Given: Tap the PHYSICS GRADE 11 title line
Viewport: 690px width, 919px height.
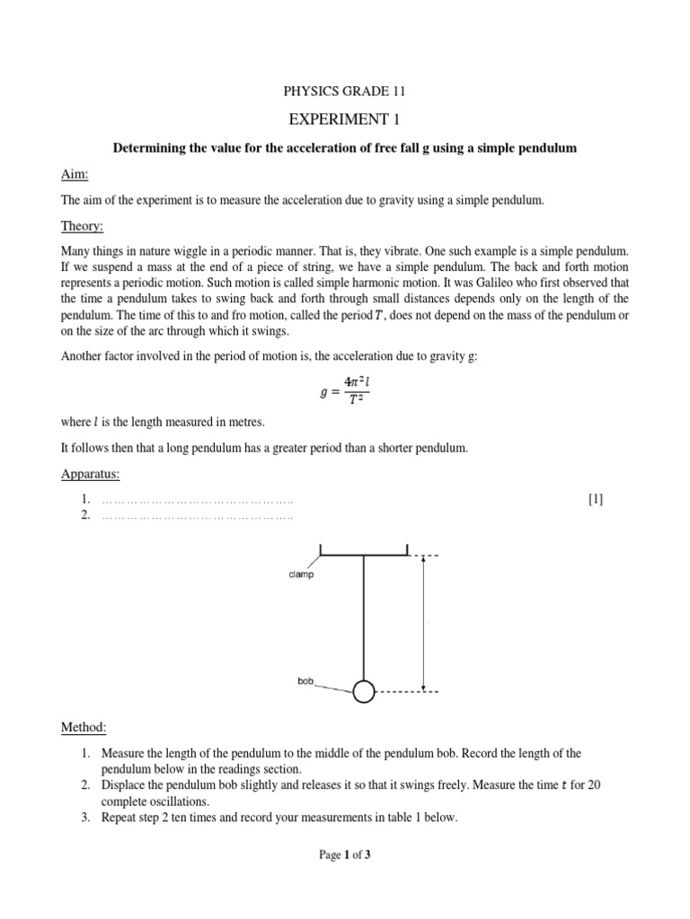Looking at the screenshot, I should [344, 92].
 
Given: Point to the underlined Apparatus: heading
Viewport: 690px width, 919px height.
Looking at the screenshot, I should [90, 472].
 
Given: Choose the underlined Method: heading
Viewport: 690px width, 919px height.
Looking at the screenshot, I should [84, 725].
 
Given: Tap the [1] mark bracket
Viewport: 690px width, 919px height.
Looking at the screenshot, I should [596, 500].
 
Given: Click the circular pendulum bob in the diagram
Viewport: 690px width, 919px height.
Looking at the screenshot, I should [363, 692].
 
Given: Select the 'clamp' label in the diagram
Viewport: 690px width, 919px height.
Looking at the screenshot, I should [301, 574].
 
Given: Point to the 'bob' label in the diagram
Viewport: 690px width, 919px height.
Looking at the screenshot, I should [305, 681].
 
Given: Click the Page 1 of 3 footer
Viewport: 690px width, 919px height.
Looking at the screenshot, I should [345, 855].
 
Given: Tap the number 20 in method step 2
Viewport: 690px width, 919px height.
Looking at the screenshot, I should [593, 784].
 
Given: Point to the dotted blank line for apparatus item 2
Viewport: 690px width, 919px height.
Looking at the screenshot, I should [198, 516].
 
